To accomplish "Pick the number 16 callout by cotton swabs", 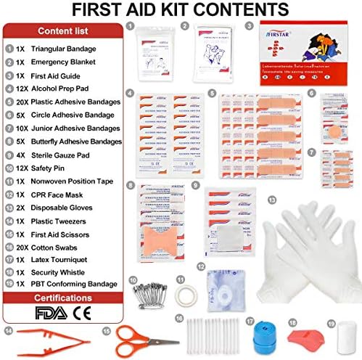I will coord(178,317).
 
